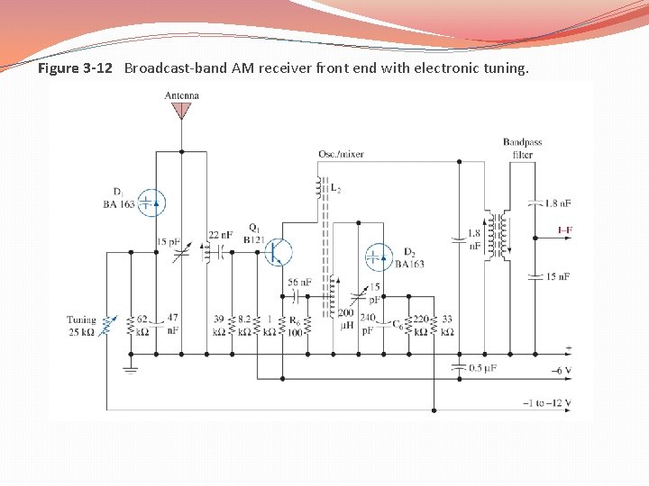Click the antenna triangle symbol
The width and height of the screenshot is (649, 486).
pyautogui.click(x=182, y=111)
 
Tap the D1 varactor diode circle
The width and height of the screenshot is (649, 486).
pyautogui.click(x=154, y=203)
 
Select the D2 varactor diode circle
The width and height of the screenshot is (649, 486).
pyautogui.click(x=379, y=257)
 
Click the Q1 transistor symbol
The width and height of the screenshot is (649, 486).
pyautogui.click(x=279, y=253)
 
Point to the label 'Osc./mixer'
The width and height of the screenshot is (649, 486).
pyautogui.click(x=341, y=154)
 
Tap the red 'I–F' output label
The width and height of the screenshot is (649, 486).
pyautogui.click(x=565, y=230)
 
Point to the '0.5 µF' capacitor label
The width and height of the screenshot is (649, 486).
pyautogui.click(x=485, y=369)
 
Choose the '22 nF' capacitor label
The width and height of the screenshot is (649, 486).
pyautogui.click(x=221, y=235)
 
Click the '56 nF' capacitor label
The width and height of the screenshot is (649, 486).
pyautogui.click(x=298, y=283)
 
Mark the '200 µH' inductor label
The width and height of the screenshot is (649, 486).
pyautogui.click(x=346, y=318)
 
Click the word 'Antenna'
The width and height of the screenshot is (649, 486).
pyautogui.click(x=182, y=95)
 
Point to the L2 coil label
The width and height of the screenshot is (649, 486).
pyautogui.click(x=335, y=188)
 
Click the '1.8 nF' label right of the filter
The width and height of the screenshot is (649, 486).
pyautogui.click(x=559, y=203)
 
